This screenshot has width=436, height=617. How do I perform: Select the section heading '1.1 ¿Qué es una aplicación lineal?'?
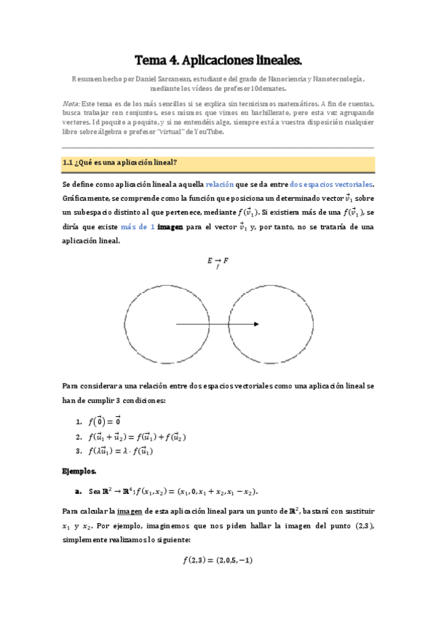pos(121,162)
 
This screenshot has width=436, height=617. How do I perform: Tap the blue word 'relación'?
pos(221,185)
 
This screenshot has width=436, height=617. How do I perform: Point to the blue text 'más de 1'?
pos(137,227)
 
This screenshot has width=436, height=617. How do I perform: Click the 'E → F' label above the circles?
pos(218,262)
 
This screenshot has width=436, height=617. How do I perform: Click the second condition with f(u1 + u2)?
pos(137,437)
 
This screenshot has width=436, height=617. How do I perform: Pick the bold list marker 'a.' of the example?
pos(78,490)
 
